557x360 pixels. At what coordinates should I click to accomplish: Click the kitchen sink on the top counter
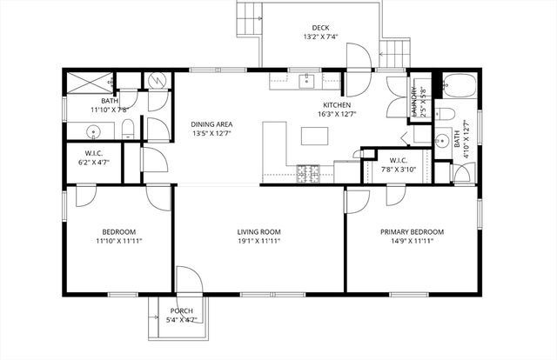coord(307,82)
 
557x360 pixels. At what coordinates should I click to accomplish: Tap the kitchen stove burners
coord(307,173)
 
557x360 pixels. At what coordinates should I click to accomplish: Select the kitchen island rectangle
coord(316,136)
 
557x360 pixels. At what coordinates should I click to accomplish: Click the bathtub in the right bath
coord(458,87)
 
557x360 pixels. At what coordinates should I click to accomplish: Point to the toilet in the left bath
coord(128,131)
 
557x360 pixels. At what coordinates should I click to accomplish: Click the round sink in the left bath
coord(94,132)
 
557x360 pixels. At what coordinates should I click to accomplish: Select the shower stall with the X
coord(86,83)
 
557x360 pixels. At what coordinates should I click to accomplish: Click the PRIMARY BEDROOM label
coord(412,232)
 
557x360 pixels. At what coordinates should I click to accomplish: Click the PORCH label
coord(182,310)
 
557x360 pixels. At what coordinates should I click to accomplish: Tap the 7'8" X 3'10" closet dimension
coord(399,170)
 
